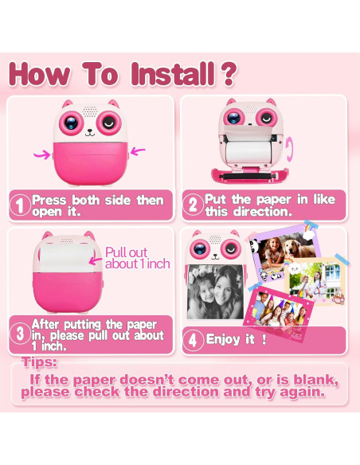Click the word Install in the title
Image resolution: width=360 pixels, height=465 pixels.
point(173,74)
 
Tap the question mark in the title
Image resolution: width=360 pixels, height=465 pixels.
point(228,74)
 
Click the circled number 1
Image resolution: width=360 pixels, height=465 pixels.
point(20,205)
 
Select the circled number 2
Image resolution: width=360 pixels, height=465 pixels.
point(193,205)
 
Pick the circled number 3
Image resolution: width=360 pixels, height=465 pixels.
point(20,334)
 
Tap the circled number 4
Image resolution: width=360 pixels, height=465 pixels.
point(193,340)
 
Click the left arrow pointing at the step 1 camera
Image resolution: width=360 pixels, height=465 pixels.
point(42,154)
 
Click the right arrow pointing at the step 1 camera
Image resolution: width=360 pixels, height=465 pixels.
point(138,151)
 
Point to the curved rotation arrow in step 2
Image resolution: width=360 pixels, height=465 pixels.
point(289,150)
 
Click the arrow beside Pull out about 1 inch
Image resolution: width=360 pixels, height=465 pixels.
point(96,260)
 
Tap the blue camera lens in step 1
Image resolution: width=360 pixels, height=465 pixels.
point(71,123)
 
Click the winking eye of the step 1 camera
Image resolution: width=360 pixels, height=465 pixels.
point(109,123)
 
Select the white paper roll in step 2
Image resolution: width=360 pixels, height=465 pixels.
point(248,151)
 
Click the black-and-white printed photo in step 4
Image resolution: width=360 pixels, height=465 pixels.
point(216,291)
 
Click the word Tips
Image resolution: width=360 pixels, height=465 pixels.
point(39,362)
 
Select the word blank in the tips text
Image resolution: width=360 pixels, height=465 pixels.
point(315,380)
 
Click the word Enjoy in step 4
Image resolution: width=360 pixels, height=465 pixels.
point(223,339)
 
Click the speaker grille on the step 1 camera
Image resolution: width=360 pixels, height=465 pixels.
point(90,111)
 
